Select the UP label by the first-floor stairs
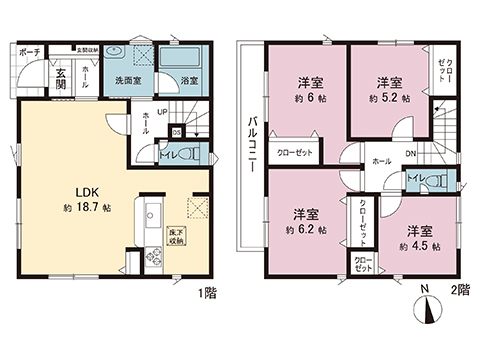pyautogui.click(x=161, y=113)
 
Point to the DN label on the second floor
pyautogui.click(x=410, y=153)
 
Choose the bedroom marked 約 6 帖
pyautogui.click(x=306, y=89)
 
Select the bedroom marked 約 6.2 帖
pyautogui.click(x=306, y=221)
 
